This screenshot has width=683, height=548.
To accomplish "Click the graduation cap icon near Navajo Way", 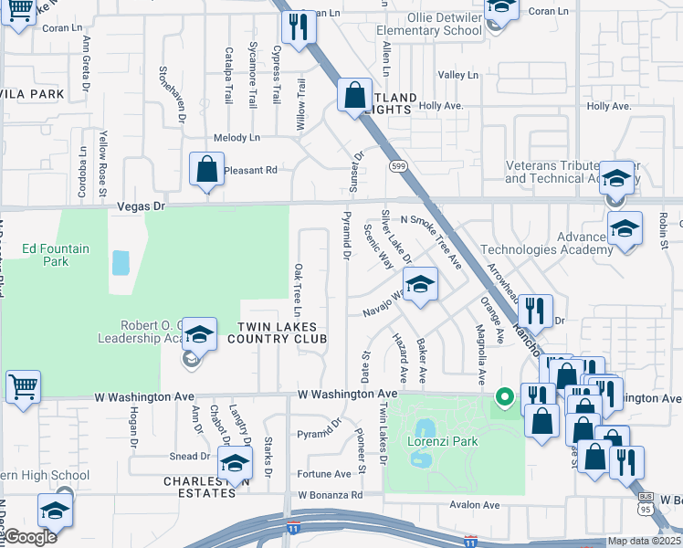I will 419,285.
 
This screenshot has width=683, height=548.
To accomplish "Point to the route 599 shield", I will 397,166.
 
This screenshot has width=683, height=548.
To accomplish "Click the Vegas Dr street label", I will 141,207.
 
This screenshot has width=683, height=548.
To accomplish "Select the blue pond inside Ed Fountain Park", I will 121,263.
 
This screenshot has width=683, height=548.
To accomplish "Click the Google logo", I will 29,537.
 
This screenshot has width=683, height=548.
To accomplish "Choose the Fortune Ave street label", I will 324,474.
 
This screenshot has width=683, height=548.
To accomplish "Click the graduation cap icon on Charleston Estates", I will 235,465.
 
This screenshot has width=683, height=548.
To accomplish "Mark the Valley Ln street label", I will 457,75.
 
